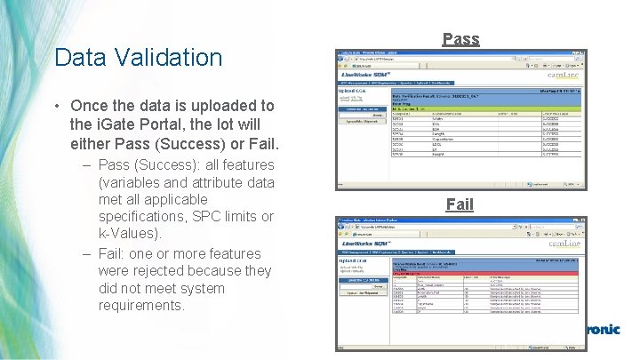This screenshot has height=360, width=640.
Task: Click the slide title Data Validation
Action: [x=138, y=58]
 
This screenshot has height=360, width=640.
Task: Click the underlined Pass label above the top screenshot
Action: [x=460, y=39]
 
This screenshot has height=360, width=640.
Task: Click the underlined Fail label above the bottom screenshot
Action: [x=460, y=204]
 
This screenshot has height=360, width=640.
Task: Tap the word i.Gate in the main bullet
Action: [x=116, y=124]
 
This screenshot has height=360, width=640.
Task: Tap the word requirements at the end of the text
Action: [x=141, y=305]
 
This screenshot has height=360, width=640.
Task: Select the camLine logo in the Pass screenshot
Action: [x=564, y=76]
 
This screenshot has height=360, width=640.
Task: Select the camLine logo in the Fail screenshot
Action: [x=564, y=242]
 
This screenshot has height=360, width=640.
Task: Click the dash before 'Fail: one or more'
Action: [x=88, y=253]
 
